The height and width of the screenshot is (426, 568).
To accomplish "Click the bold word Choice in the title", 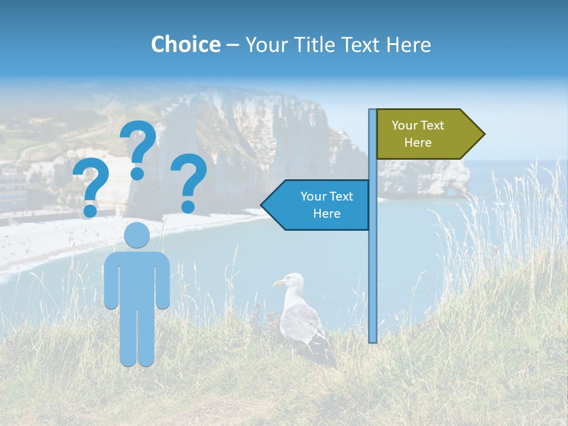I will click(185, 44).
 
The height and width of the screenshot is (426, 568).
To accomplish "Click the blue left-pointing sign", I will click(319, 205).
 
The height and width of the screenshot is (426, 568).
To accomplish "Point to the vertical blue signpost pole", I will click(373, 266).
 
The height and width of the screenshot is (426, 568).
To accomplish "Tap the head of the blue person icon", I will click(137, 235).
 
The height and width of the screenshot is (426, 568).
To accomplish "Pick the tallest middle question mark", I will click(138, 148).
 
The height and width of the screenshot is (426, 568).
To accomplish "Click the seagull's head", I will click(291, 281).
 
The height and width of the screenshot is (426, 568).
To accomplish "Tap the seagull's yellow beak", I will click(277, 284).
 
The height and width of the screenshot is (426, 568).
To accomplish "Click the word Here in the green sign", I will click(418, 143).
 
